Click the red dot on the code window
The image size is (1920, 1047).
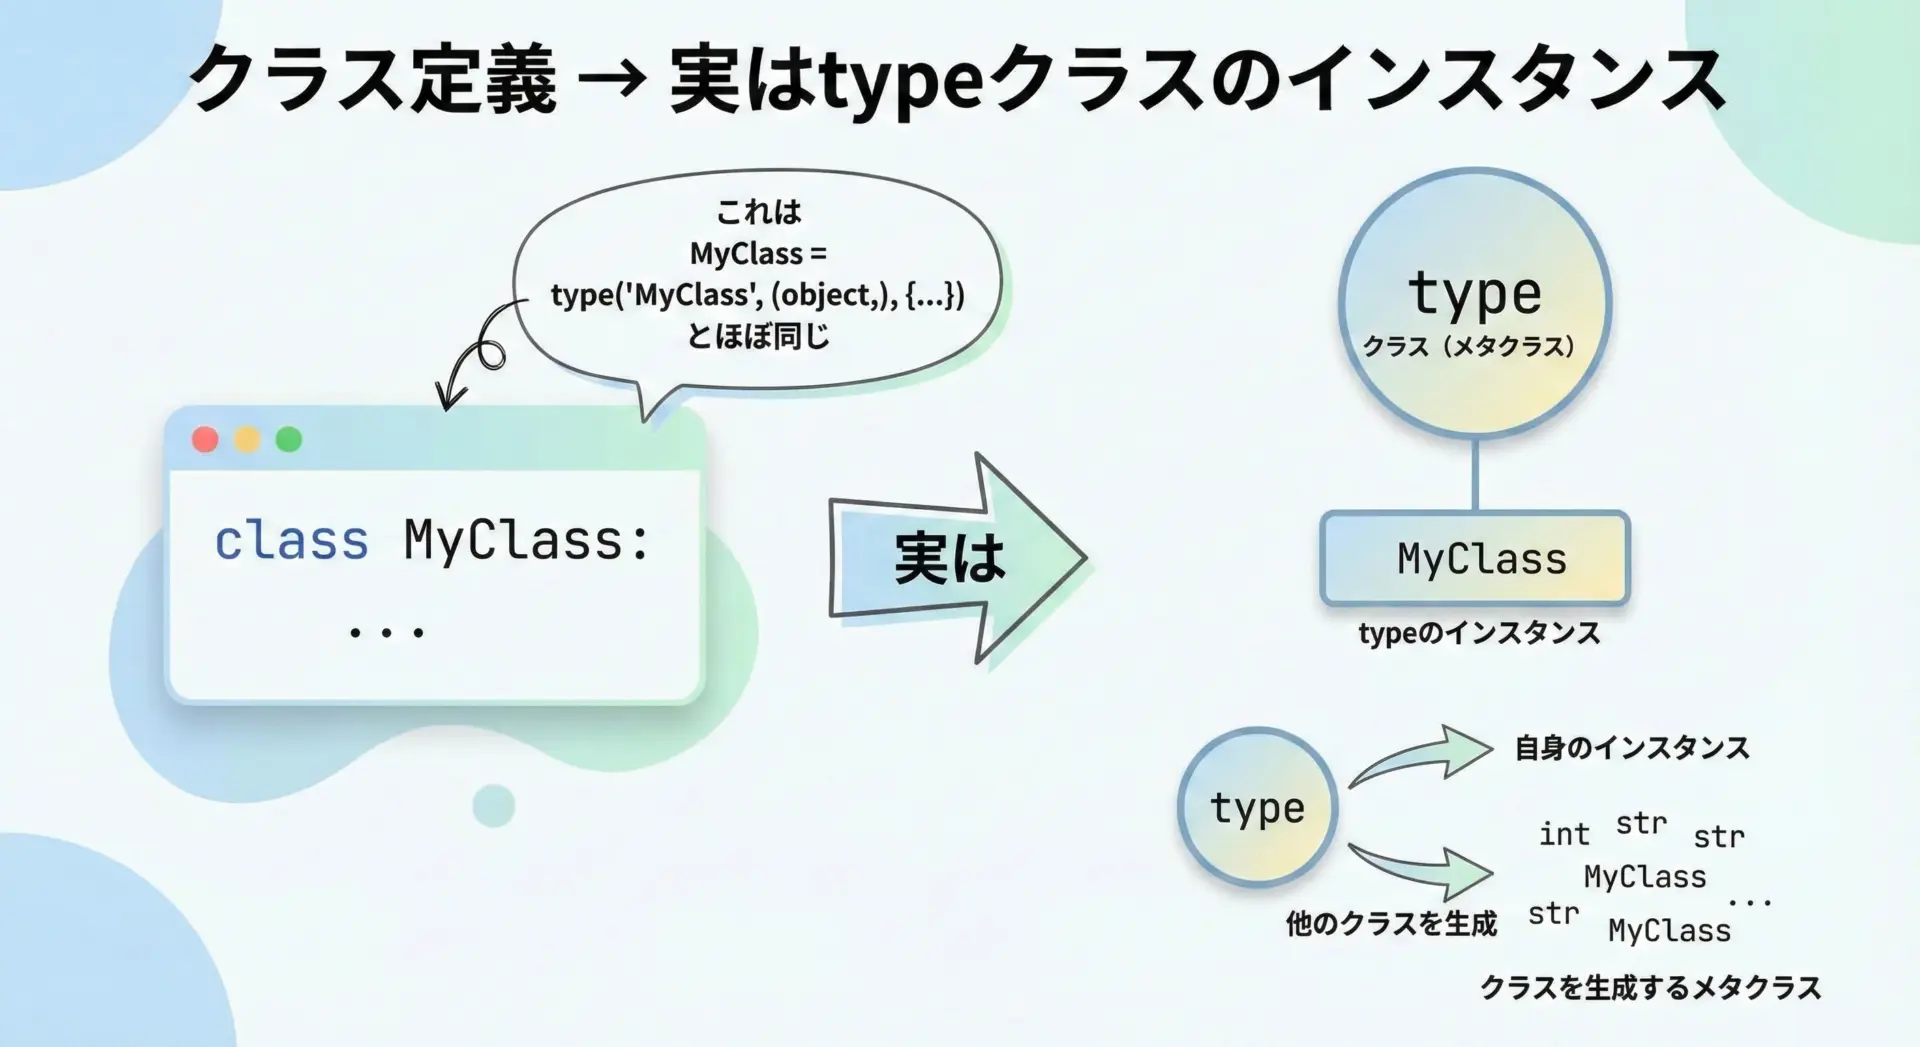pyautogui.click(x=205, y=439)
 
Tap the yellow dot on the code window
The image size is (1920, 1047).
pyautogui.click(x=247, y=439)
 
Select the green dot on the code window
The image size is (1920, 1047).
pyautogui.click(x=289, y=439)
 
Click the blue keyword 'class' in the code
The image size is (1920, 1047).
pyautogui.click(x=291, y=541)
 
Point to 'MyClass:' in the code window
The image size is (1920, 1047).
pyautogui.click(x=527, y=541)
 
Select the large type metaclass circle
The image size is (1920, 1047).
pyautogui.click(x=1475, y=303)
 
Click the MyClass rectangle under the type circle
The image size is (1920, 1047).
pyautogui.click(x=1476, y=558)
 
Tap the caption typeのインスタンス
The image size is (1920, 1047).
pyautogui.click(x=1479, y=633)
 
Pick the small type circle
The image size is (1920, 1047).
pyautogui.click(x=1257, y=807)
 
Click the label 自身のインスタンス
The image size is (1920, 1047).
pyautogui.click(x=1632, y=748)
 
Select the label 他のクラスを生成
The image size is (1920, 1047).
pyautogui.click(x=1391, y=923)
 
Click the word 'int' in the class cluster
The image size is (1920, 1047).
pyautogui.click(x=1564, y=834)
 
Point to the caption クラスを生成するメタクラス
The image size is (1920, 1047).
pyautogui.click(x=1650, y=988)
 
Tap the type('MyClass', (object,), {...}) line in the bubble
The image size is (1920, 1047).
pyautogui.click(x=757, y=295)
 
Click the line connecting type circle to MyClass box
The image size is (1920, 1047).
pyautogui.click(x=1475, y=475)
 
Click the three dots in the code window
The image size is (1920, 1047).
pyautogui.click(x=386, y=632)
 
